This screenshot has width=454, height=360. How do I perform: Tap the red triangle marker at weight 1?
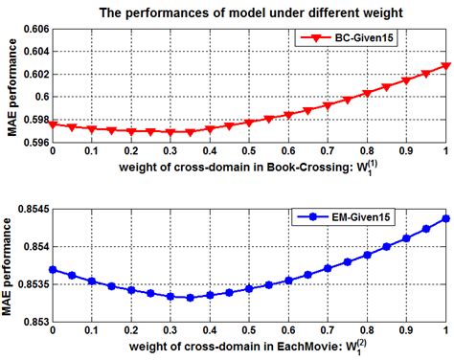(444, 66)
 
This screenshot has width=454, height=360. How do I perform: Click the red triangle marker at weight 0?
(52, 124)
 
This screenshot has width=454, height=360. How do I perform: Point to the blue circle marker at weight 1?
(444, 218)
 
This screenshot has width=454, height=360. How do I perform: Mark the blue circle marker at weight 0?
(52, 270)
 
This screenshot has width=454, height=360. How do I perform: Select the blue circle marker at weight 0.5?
(248, 288)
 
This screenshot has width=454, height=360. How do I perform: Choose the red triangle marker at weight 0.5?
(248, 122)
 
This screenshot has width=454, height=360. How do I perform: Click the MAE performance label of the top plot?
(10, 85)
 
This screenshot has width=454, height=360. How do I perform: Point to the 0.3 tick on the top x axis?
(170, 151)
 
